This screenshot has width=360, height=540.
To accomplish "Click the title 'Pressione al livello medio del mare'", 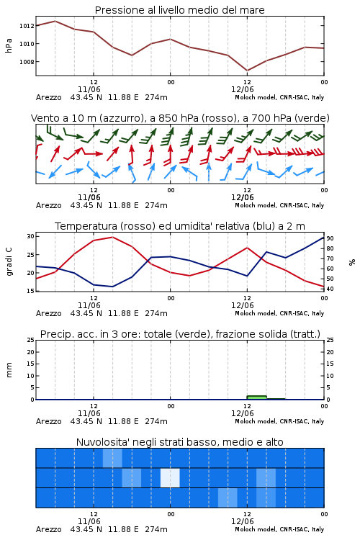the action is [179, 10].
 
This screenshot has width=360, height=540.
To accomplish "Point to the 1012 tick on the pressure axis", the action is [27, 26].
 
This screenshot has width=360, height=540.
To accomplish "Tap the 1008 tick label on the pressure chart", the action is [27, 62].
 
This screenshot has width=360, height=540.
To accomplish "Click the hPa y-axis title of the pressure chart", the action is [9, 45].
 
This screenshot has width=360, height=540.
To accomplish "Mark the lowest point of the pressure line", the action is [247, 71].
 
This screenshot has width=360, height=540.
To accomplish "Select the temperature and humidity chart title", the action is [180, 226].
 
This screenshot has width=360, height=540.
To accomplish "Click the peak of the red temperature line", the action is [112, 237].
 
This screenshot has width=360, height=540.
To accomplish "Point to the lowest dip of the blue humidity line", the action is [112, 287].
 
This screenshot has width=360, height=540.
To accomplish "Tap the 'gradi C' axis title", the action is [9, 262].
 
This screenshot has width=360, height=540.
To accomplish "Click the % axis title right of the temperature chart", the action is [352, 262].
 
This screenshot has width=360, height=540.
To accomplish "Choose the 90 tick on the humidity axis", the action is [330, 238].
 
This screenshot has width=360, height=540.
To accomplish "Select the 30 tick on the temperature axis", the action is [30, 236].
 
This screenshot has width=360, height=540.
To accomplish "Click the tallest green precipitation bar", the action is [256, 397].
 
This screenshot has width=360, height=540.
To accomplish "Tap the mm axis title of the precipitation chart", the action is [9, 370].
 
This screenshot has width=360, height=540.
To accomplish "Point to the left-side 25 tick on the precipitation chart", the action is [30, 340].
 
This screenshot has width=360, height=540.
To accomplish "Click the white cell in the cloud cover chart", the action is [170, 477].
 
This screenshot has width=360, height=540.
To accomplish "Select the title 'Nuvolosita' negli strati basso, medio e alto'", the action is [179, 442].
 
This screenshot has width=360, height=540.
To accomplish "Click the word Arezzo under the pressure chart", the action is [48, 97].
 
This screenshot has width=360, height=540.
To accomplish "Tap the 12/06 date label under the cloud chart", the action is [242, 521].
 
